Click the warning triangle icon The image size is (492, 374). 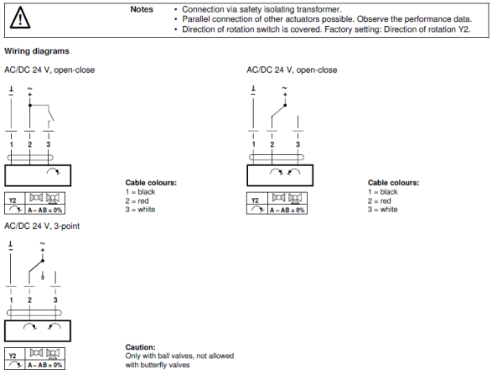pyautogui.click(x=20, y=18)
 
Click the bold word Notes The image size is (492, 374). pyautogui.click(x=142, y=9)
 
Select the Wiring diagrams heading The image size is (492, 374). pyautogui.click(x=37, y=51)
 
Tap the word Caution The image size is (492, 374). pyautogui.click(x=140, y=347)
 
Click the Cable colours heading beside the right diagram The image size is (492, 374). pyautogui.click(x=393, y=183)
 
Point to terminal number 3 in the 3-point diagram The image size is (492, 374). pyautogui.click(x=55, y=300)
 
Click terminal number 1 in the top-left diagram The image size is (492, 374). pyautogui.click(x=11, y=144)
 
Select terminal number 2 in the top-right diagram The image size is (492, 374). pyautogui.click(x=272, y=144)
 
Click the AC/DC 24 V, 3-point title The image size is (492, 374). pyautogui.click(x=42, y=226)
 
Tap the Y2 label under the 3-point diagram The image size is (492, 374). pyautogui.click(x=13, y=356)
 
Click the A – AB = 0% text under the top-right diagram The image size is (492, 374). pyautogui.click(x=287, y=210)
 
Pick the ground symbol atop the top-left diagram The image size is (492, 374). pyautogui.click(x=11, y=91)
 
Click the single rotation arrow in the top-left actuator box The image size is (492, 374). pyautogui.click(x=54, y=171)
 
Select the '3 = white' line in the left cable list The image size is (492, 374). pyautogui.click(x=140, y=210)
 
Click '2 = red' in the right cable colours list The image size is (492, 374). pyautogui.click(x=380, y=201)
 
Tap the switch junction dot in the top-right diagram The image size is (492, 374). pyautogui.click(x=285, y=105)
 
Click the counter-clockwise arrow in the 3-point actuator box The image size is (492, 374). pyautogui.click(x=54, y=327)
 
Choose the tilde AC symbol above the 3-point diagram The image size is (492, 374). pyautogui.click(x=43, y=243)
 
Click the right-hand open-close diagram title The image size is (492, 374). pyautogui.click(x=292, y=70)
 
